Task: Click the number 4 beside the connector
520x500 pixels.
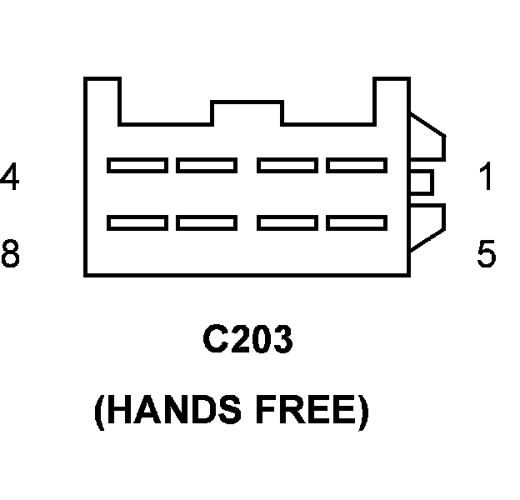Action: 9,177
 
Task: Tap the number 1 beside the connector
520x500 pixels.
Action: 486,177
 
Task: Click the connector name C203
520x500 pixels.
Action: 248,341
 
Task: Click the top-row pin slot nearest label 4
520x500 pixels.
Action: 137,165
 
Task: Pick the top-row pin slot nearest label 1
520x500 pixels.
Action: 356,165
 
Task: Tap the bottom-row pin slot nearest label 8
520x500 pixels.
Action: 137,223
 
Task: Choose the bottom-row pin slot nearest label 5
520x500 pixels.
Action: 356,223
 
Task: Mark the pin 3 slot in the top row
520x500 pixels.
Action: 207,165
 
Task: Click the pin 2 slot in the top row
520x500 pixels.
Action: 287,165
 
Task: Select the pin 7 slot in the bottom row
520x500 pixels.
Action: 207,223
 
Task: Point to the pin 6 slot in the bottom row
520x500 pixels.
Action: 287,223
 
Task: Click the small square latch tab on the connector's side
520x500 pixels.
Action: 422,181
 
